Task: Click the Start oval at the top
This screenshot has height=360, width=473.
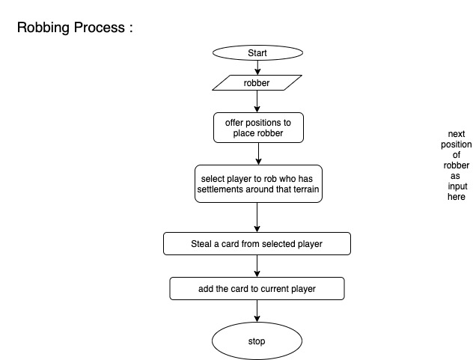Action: [x=257, y=53]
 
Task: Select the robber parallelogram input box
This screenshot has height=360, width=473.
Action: [x=257, y=82]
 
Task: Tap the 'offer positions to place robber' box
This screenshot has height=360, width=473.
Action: [x=257, y=128]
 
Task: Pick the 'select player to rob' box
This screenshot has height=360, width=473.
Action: [x=257, y=184]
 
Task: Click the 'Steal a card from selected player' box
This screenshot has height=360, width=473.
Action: [x=257, y=243]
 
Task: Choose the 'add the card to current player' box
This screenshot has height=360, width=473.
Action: [x=257, y=288]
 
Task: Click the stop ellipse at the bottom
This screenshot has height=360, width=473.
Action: [x=257, y=341]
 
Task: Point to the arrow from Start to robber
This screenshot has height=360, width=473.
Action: [x=257, y=67]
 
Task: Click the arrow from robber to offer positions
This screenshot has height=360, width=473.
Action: [x=257, y=101]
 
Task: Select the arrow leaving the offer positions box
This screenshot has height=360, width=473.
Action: [x=257, y=153]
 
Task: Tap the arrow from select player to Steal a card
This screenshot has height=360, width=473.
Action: [x=257, y=218]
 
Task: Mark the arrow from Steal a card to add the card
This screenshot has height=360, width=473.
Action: [x=257, y=266]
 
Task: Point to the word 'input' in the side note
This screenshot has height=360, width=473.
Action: [x=455, y=187]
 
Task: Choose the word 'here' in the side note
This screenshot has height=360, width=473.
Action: [x=455, y=198]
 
